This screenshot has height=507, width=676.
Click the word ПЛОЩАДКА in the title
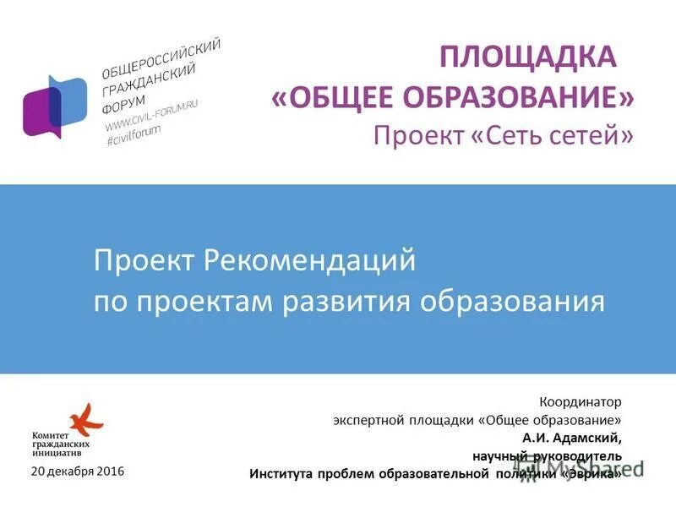pyautogui.click(x=525, y=59)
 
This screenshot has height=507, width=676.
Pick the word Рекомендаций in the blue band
pyautogui.click(x=311, y=261)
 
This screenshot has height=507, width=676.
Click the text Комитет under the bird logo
pyautogui.click(x=48, y=435)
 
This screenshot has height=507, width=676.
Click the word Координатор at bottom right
pyautogui.click(x=581, y=402)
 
